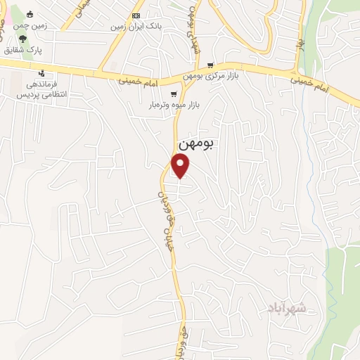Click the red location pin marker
click(x=181, y=165)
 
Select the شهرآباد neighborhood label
click(x=288, y=307)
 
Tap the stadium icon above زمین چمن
click(x=30, y=13)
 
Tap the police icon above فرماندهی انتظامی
click(x=42, y=72)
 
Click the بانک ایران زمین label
click(x=136, y=27)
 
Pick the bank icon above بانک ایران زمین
click(x=136, y=15)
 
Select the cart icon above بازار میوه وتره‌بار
click(x=174, y=94)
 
